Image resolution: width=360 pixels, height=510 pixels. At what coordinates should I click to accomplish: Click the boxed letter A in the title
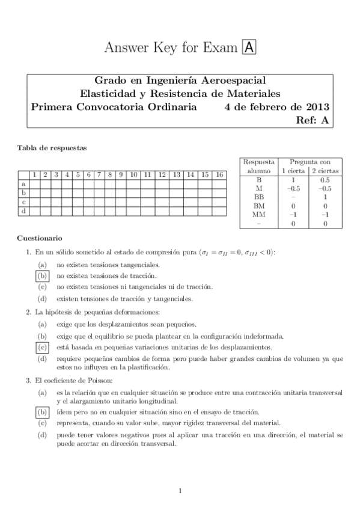pos(249,48)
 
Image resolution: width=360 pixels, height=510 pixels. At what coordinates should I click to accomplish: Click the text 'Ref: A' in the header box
pos(313,119)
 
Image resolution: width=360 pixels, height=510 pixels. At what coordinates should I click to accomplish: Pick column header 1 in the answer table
pos(35,174)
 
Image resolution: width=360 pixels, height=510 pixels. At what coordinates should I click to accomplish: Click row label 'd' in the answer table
pos(23,211)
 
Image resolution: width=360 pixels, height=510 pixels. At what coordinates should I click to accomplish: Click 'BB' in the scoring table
pos(259,197)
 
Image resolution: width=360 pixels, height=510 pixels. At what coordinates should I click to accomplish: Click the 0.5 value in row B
pos(325,180)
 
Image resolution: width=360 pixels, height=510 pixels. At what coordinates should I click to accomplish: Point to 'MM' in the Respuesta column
pos(259,214)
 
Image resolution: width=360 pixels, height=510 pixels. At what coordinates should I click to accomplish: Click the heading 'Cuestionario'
pos(38,239)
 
